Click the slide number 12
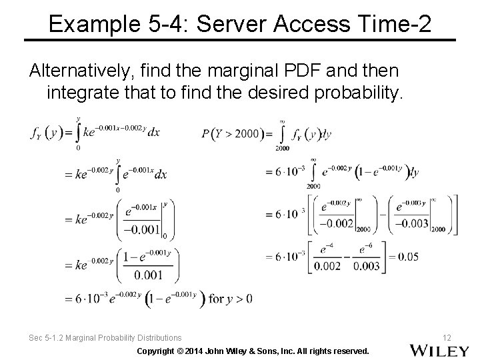click(446, 338)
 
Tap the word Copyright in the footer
click(159, 351)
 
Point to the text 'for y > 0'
click(230, 299)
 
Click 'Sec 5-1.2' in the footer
click(45, 338)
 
